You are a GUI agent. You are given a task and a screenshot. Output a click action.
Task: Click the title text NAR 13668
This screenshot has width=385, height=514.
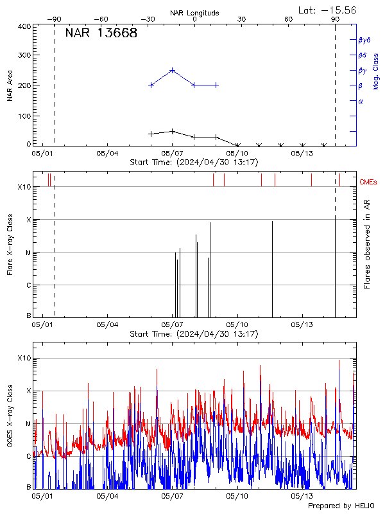click(101, 34)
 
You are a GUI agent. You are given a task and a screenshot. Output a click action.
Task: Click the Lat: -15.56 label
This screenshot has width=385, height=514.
click(328, 10)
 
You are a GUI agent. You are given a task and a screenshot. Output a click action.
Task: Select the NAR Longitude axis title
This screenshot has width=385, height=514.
click(194, 12)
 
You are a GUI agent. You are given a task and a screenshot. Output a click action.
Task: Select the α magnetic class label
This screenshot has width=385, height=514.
click(361, 101)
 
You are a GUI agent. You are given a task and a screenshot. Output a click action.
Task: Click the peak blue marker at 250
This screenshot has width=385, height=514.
click(173, 71)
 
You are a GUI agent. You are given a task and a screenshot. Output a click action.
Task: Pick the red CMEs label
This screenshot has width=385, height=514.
click(368, 182)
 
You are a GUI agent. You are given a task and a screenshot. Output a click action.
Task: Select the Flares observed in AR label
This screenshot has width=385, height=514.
click(366, 244)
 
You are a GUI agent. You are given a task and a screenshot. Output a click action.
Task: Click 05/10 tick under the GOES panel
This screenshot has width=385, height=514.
click(238, 496)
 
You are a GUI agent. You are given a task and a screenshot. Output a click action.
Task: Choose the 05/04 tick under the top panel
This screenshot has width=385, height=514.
click(107, 154)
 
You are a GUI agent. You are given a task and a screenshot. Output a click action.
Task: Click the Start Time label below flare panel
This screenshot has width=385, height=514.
click(194, 334)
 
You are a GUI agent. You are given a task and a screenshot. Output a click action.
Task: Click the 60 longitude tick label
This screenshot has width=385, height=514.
click(289, 20)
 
